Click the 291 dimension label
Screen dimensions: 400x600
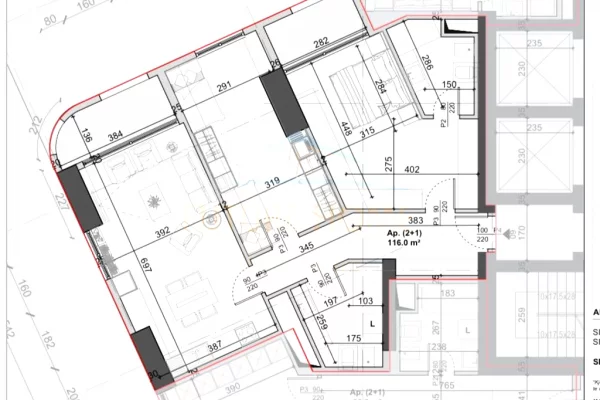[225, 87]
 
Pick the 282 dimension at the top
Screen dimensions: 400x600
[320, 43]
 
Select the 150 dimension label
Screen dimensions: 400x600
[449, 85]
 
